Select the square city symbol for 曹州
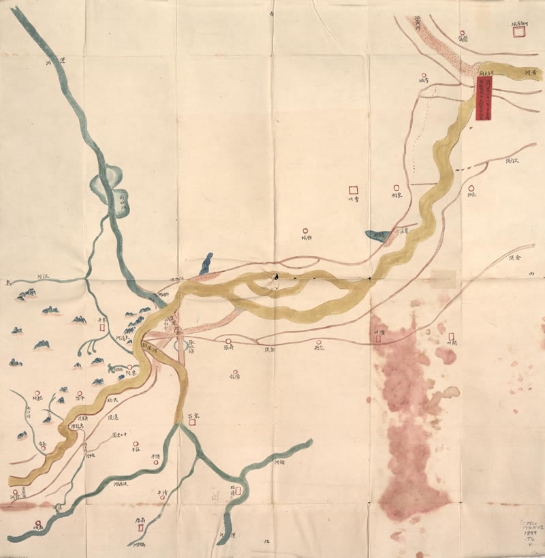(353, 189)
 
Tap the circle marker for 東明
(396, 187)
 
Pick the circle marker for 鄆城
(306, 230)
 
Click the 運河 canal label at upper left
(54, 61)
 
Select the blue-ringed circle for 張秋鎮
(181, 346)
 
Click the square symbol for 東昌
(193, 422)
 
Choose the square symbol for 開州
(451, 337)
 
